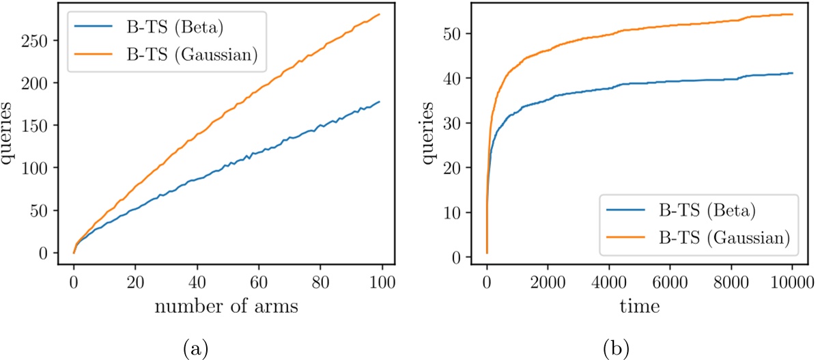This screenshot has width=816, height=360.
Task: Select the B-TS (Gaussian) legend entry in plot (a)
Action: pos(186,57)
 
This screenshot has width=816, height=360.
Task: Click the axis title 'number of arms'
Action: pos(225,307)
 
